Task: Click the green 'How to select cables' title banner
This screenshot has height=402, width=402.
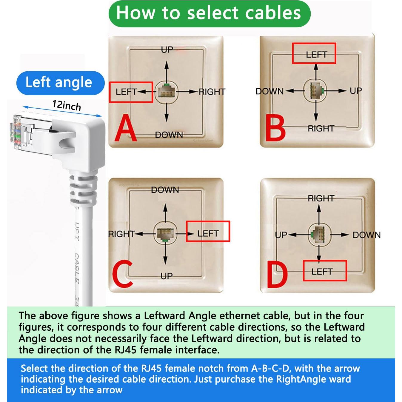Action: [209, 13]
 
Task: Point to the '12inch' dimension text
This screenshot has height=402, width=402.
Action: [67, 105]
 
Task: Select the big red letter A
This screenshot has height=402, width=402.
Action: [126, 128]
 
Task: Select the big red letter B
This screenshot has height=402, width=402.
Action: [275, 128]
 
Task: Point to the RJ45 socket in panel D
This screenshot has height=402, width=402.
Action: [319, 235]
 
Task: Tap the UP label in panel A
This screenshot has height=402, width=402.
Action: [167, 50]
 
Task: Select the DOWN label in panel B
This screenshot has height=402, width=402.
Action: [269, 91]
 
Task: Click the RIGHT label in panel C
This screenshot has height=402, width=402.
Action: [121, 234]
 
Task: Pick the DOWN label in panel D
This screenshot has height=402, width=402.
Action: [366, 235]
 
